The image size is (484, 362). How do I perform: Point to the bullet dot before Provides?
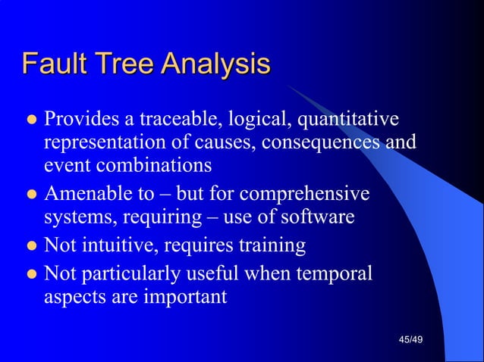pos(31,120)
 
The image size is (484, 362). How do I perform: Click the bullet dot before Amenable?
pos(31,195)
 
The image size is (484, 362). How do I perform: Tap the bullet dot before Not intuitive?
pos(31,246)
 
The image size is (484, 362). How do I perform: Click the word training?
pos(269,246)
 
